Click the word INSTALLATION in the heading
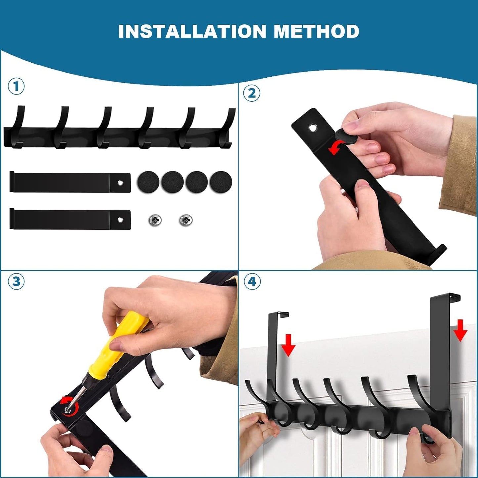pos(193,31)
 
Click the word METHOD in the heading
pos(316,31)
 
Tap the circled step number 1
pos(16,87)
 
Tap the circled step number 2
pos(252,94)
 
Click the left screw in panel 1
pos(155,220)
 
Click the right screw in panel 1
pos(186,220)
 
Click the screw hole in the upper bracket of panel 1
pos(120,183)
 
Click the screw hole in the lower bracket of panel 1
pos(120,220)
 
